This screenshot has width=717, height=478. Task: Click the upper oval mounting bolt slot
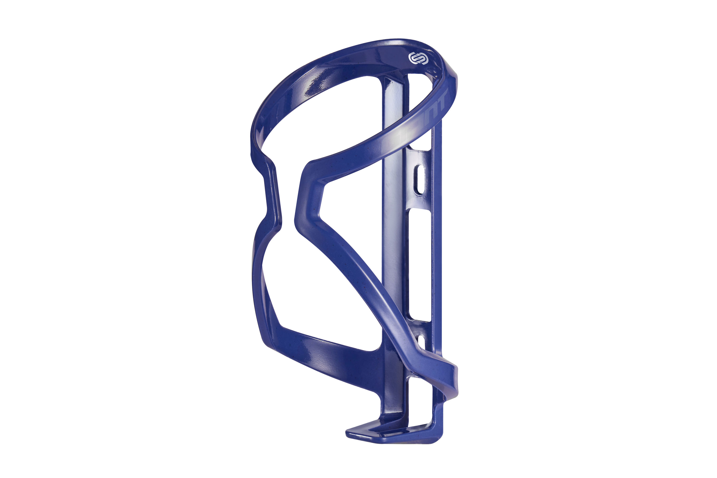[420, 180]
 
